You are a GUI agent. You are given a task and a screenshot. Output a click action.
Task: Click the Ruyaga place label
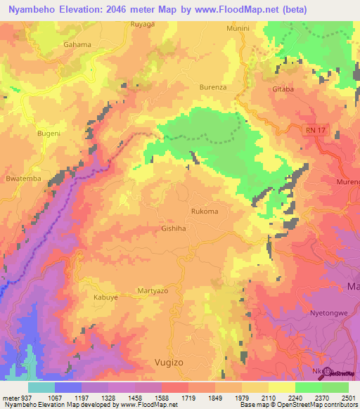[142, 24]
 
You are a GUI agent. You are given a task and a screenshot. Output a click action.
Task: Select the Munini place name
[238, 28]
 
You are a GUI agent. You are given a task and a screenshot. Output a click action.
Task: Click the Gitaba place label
[283, 90]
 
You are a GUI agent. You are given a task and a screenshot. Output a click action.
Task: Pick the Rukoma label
[204, 212]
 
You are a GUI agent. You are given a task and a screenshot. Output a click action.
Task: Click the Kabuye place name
[105, 297]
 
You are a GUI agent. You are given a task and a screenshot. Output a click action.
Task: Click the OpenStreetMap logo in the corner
[340, 373]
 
